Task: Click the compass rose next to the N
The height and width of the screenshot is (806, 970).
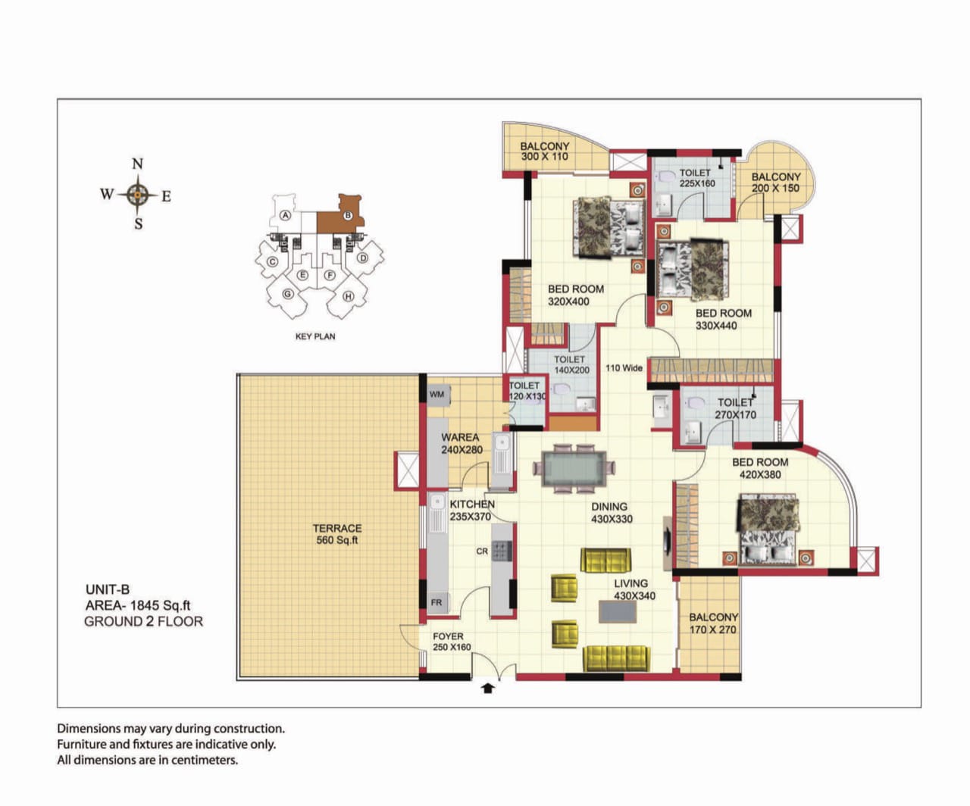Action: coord(137,195)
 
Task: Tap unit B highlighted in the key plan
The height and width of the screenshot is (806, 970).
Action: coord(342,217)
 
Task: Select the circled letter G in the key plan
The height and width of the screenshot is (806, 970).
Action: coord(287,294)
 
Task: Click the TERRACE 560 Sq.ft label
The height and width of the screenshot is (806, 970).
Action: coord(336,534)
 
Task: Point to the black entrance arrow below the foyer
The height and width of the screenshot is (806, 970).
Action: coord(487,688)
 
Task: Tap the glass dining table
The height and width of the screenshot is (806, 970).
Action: coord(574,469)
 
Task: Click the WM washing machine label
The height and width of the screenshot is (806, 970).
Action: coord(436,394)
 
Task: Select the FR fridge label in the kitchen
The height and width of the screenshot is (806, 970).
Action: coord(436,603)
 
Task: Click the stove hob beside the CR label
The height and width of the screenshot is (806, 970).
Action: coord(502,551)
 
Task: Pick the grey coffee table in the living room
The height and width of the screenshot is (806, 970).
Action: coord(618,611)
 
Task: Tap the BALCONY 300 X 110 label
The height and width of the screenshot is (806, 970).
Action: coord(544,152)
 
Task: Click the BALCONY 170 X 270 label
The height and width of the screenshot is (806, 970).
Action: coord(713,623)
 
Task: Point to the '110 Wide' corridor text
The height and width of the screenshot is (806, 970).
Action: coord(624,367)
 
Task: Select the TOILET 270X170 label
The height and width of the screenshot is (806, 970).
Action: coord(735,408)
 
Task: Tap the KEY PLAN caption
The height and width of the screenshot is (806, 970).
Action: coord(315,336)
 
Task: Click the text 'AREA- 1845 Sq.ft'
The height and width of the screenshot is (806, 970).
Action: coord(138,605)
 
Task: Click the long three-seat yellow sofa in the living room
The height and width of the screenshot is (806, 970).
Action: coord(615,658)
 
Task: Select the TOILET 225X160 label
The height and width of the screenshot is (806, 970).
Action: coord(697,178)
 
